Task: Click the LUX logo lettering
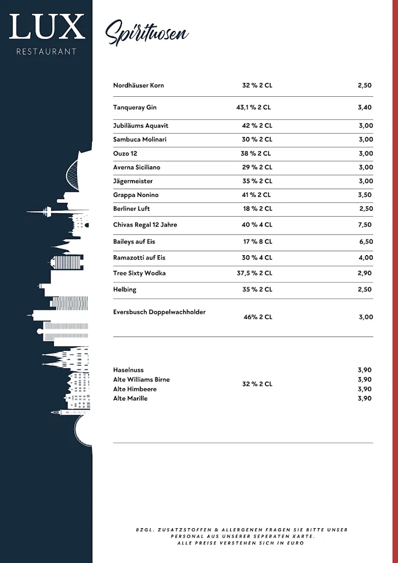(x=47, y=27)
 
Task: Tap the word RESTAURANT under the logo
(x=47, y=52)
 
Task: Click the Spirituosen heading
(x=146, y=32)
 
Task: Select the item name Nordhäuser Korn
(x=139, y=85)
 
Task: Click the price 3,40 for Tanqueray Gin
(x=364, y=107)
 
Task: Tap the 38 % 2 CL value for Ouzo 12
(x=256, y=153)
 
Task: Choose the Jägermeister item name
(x=133, y=181)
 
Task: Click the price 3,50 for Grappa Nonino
(x=364, y=195)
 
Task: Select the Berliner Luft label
(x=131, y=208)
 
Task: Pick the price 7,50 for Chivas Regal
(x=364, y=224)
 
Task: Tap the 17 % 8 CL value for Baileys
(x=257, y=241)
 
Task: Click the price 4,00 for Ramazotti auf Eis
(x=366, y=257)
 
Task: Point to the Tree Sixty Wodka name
(x=139, y=273)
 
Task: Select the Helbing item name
(x=125, y=289)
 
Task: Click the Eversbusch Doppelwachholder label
(x=159, y=312)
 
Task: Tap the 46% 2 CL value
(x=258, y=317)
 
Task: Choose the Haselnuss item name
(x=128, y=370)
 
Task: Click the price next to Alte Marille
(x=364, y=398)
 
